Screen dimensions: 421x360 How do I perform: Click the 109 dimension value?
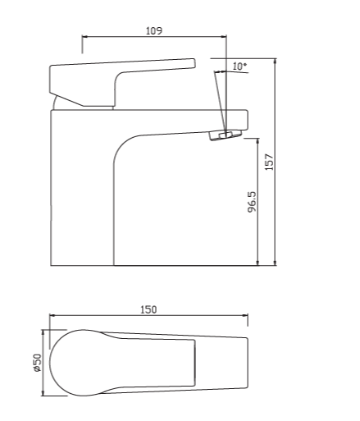[153, 30]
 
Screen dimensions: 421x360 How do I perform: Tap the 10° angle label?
[239, 65]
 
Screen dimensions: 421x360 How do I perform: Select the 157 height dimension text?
[268, 161]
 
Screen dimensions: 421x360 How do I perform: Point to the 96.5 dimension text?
[251, 202]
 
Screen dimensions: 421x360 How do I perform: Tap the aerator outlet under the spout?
[224, 135]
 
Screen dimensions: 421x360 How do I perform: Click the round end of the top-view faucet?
[70, 362]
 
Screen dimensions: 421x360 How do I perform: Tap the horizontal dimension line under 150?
[148, 315]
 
